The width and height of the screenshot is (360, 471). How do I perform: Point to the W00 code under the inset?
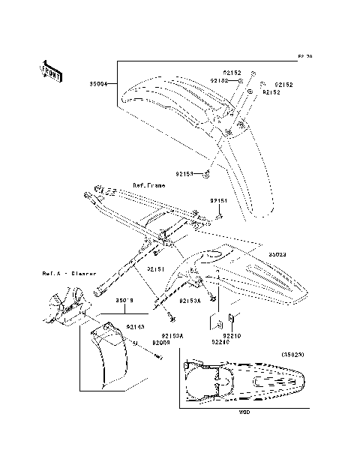244,412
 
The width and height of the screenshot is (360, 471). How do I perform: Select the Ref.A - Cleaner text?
64,274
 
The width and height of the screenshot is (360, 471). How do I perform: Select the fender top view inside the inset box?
244,379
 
